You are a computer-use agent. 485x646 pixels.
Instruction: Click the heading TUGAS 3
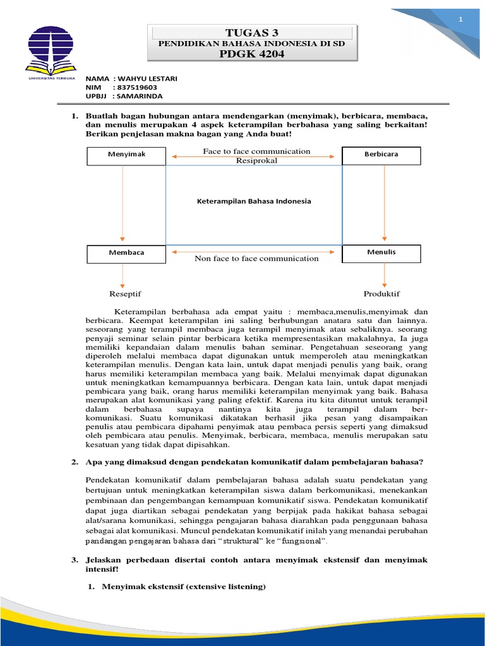click(252, 33)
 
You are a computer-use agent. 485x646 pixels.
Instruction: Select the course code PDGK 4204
click(252, 54)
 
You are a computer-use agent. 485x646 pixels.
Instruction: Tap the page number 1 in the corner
click(460, 20)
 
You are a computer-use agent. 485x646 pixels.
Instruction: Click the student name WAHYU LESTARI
click(147, 78)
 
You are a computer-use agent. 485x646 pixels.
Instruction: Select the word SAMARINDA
click(140, 96)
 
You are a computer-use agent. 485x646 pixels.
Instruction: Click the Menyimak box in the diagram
click(126, 155)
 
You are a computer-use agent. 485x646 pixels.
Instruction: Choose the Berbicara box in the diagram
click(381, 155)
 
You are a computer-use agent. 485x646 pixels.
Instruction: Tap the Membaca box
click(126, 253)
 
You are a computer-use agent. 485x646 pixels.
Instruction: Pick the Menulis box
click(381, 253)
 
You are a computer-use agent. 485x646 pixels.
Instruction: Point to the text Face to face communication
click(256, 151)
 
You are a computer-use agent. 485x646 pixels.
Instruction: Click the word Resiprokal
click(256, 161)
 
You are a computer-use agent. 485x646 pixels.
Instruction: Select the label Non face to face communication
click(256, 259)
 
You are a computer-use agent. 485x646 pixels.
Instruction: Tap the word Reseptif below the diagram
click(125, 294)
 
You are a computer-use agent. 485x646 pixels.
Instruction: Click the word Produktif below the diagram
click(381, 294)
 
